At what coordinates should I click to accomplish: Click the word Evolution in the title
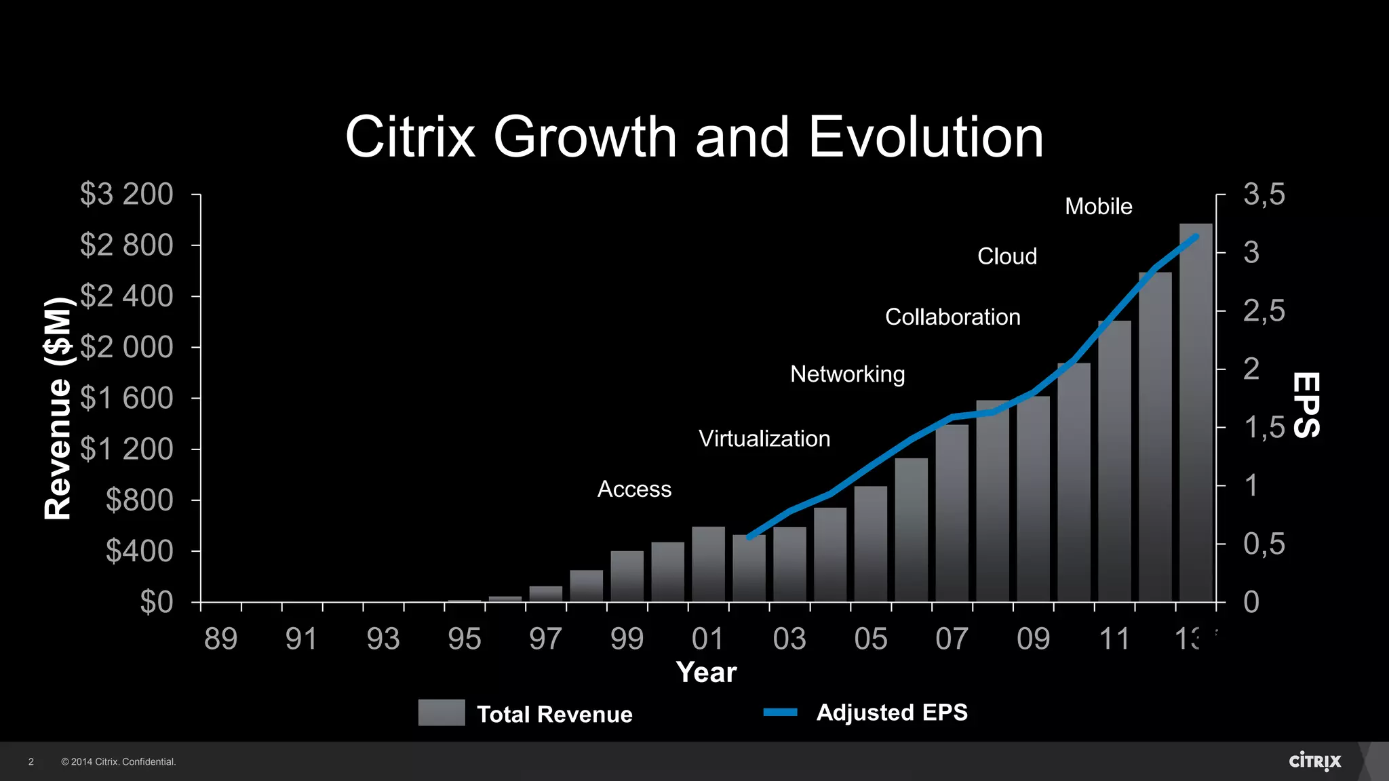[x=925, y=137]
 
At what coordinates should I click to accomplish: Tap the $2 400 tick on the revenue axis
[x=127, y=296]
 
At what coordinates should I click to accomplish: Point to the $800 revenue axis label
[x=139, y=500]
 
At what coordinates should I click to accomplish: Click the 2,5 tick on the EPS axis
[x=1264, y=311]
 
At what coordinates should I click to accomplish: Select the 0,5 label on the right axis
[x=1264, y=544]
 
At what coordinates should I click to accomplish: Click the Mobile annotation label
[x=1098, y=206]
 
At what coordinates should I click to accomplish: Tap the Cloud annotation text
[x=1006, y=256]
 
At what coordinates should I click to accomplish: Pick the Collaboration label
[x=952, y=317]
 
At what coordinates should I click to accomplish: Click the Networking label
[x=847, y=374]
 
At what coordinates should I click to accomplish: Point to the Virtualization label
[x=764, y=439]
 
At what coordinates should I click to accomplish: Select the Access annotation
[x=634, y=489]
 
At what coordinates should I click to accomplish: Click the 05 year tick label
[x=870, y=639]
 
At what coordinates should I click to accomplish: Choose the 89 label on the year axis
[x=220, y=639]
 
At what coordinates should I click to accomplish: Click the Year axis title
[x=706, y=673]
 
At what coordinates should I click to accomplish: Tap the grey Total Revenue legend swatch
[x=442, y=713]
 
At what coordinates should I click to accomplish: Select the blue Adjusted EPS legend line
[x=780, y=712]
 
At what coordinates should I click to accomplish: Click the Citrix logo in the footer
[x=1314, y=761]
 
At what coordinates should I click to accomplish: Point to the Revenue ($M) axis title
[x=58, y=409]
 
